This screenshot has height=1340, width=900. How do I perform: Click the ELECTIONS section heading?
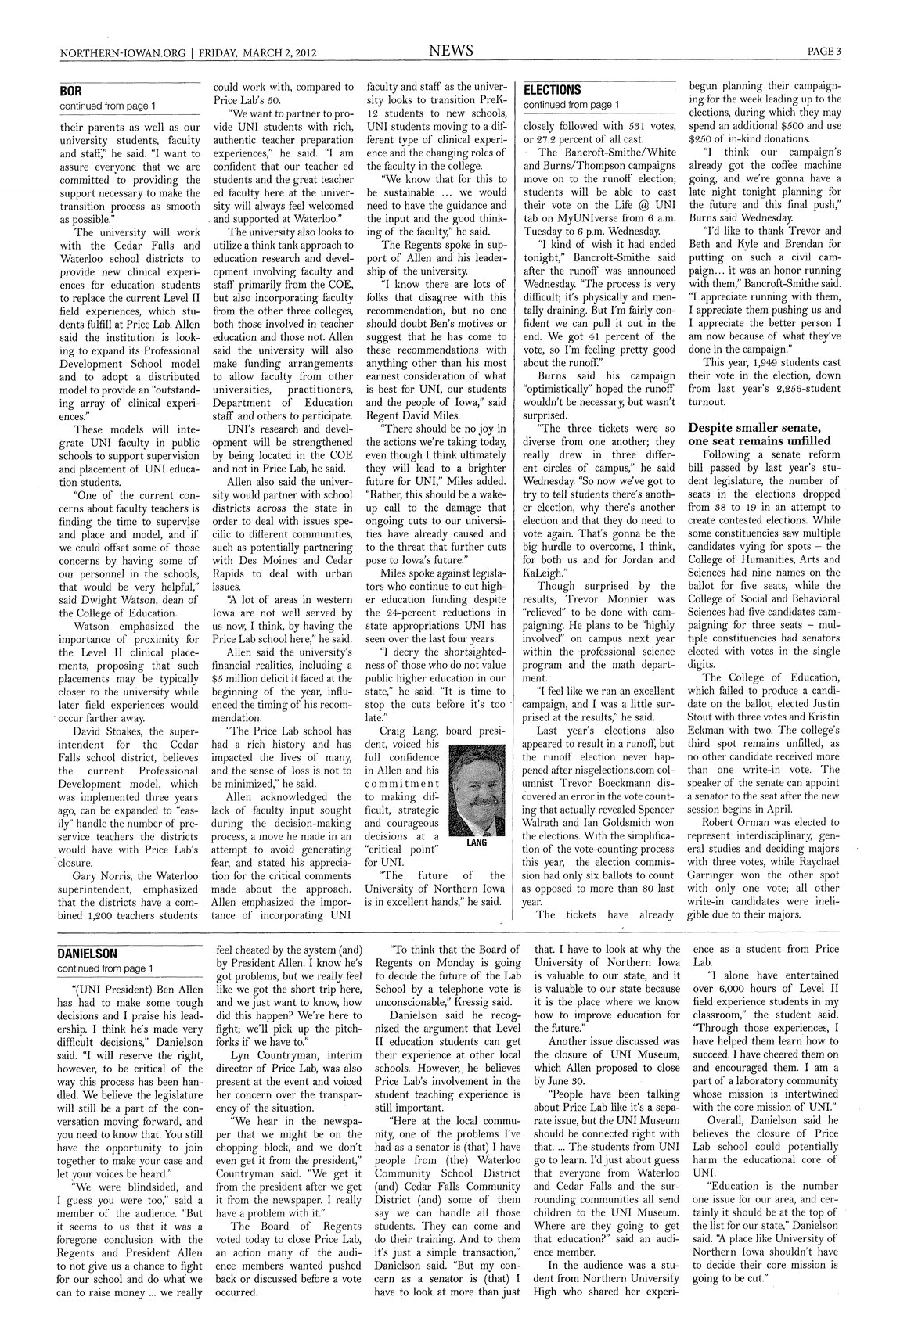[x=552, y=90]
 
